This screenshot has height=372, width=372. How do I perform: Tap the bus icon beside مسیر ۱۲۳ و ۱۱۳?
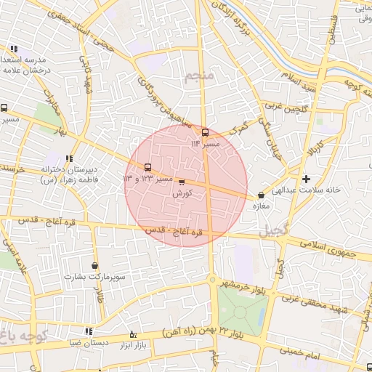(148, 166)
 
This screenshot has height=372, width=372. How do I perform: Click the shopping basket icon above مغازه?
(261, 195)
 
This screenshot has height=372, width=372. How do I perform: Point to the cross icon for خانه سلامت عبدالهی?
(306, 179)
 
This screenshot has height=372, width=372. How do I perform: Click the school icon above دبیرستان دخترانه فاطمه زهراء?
(69, 158)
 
